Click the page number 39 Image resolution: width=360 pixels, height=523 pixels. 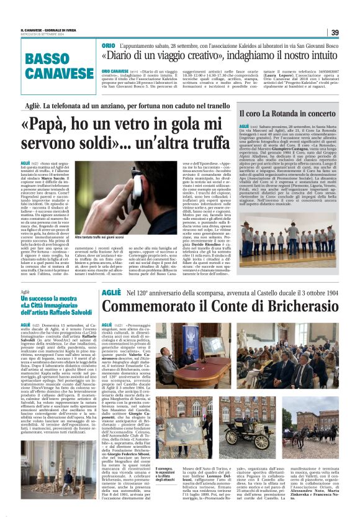coord(335,32)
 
